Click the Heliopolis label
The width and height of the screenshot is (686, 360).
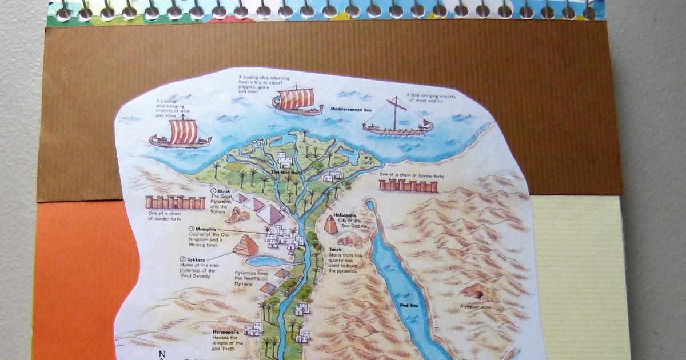345,215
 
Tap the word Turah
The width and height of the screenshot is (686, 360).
335,249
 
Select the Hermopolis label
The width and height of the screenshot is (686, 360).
225,331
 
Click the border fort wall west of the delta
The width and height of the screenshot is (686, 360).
176,202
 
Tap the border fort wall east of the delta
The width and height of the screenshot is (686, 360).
408,185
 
